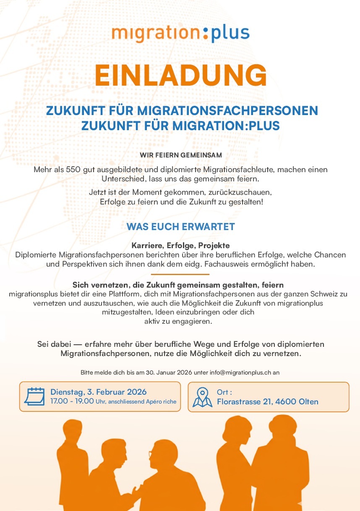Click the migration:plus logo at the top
(x=180, y=33)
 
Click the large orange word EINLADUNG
(x=180, y=75)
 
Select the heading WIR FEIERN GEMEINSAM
(x=180, y=155)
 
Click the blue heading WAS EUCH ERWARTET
(x=180, y=227)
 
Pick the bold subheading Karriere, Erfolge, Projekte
(x=180, y=246)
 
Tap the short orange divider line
(x=180, y=274)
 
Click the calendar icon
(x=34, y=396)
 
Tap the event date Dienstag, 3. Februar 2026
(x=99, y=392)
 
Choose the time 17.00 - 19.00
(x=72, y=401)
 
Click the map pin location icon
(x=202, y=397)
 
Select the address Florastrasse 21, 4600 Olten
(x=267, y=402)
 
